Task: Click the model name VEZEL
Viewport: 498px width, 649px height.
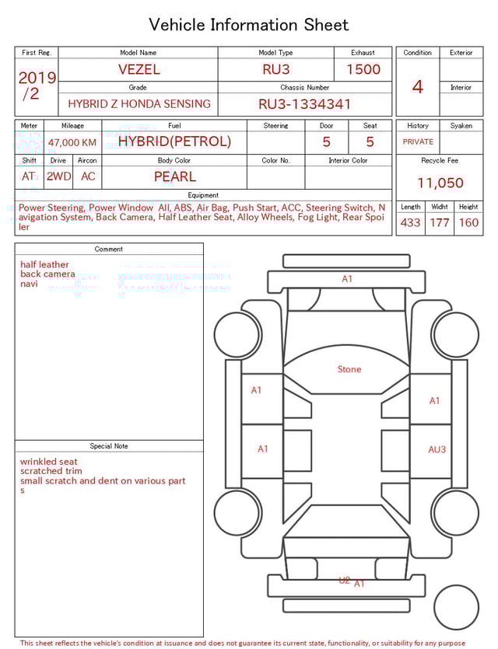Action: click(x=139, y=69)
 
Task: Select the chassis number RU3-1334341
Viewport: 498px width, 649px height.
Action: click(x=304, y=103)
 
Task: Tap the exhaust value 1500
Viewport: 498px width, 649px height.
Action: click(x=363, y=69)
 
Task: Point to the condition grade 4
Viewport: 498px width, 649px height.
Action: click(x=417, y=86)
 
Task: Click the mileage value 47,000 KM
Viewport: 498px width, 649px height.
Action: click(x=72, y=142)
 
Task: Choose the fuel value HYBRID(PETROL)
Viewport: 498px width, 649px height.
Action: click(x=174, y=141)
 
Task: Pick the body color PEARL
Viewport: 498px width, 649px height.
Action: click(x=174, y=176)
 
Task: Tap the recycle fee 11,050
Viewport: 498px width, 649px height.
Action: click(x=440, y=183)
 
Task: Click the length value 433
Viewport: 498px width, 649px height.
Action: click(x=410, y=222)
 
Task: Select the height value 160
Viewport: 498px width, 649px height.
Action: click(x=468, y=222)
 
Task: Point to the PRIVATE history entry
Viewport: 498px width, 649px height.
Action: click(x=418, y=141)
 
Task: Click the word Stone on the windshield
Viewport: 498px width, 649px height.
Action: click(x=349, y=369)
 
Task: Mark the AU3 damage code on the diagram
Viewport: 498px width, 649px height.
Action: click(x=437, y=449)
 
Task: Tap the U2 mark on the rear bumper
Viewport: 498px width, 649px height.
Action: click(x=344, y=580)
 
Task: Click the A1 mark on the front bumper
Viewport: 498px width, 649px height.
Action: click(x=347, y=279)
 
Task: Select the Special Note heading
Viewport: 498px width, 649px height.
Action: click(x=109, y=446)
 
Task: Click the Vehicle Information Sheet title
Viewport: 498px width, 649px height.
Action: click(x=249, y=25)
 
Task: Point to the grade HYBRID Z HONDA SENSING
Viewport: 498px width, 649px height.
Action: click(x=139, y=103)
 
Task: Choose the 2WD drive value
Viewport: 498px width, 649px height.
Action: click(x=58, y=176)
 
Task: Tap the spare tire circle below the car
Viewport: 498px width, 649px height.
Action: click(x=457, y=607)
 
